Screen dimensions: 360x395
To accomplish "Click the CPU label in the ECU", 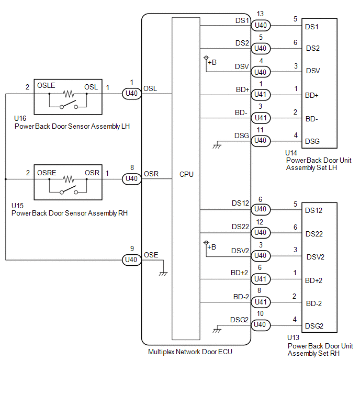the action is click(186, 174).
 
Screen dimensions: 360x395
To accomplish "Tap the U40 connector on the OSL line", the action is click(131, 94).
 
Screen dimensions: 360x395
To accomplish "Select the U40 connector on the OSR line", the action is click(131, 179).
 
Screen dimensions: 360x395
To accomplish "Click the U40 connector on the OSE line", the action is click(131, 260).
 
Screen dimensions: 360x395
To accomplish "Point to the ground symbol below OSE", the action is click(163, 274).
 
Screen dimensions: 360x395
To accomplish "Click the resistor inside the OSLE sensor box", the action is click(68, 94).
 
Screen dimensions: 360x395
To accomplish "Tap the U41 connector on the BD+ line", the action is click(261, 95).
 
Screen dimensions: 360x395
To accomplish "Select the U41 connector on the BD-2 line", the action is click(261, 302).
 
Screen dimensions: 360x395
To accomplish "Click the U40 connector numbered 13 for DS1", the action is click(261, 26).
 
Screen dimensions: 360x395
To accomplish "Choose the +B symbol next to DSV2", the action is click(210, 245).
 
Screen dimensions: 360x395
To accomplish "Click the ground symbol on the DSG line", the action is click(217, 146).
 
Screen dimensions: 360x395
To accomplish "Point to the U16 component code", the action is click(20, 118).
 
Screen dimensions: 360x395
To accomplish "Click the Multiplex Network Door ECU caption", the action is click(190, 352).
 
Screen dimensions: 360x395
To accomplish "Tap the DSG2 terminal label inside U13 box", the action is click(314, 326).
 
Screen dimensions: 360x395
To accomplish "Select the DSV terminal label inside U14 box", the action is click(313, 71).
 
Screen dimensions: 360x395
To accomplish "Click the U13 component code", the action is click(293, 337).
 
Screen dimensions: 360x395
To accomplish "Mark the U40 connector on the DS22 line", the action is click(261, 232).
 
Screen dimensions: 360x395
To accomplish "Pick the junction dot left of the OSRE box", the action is click(6, 179).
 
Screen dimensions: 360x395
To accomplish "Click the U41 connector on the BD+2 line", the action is click(261, 279).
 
